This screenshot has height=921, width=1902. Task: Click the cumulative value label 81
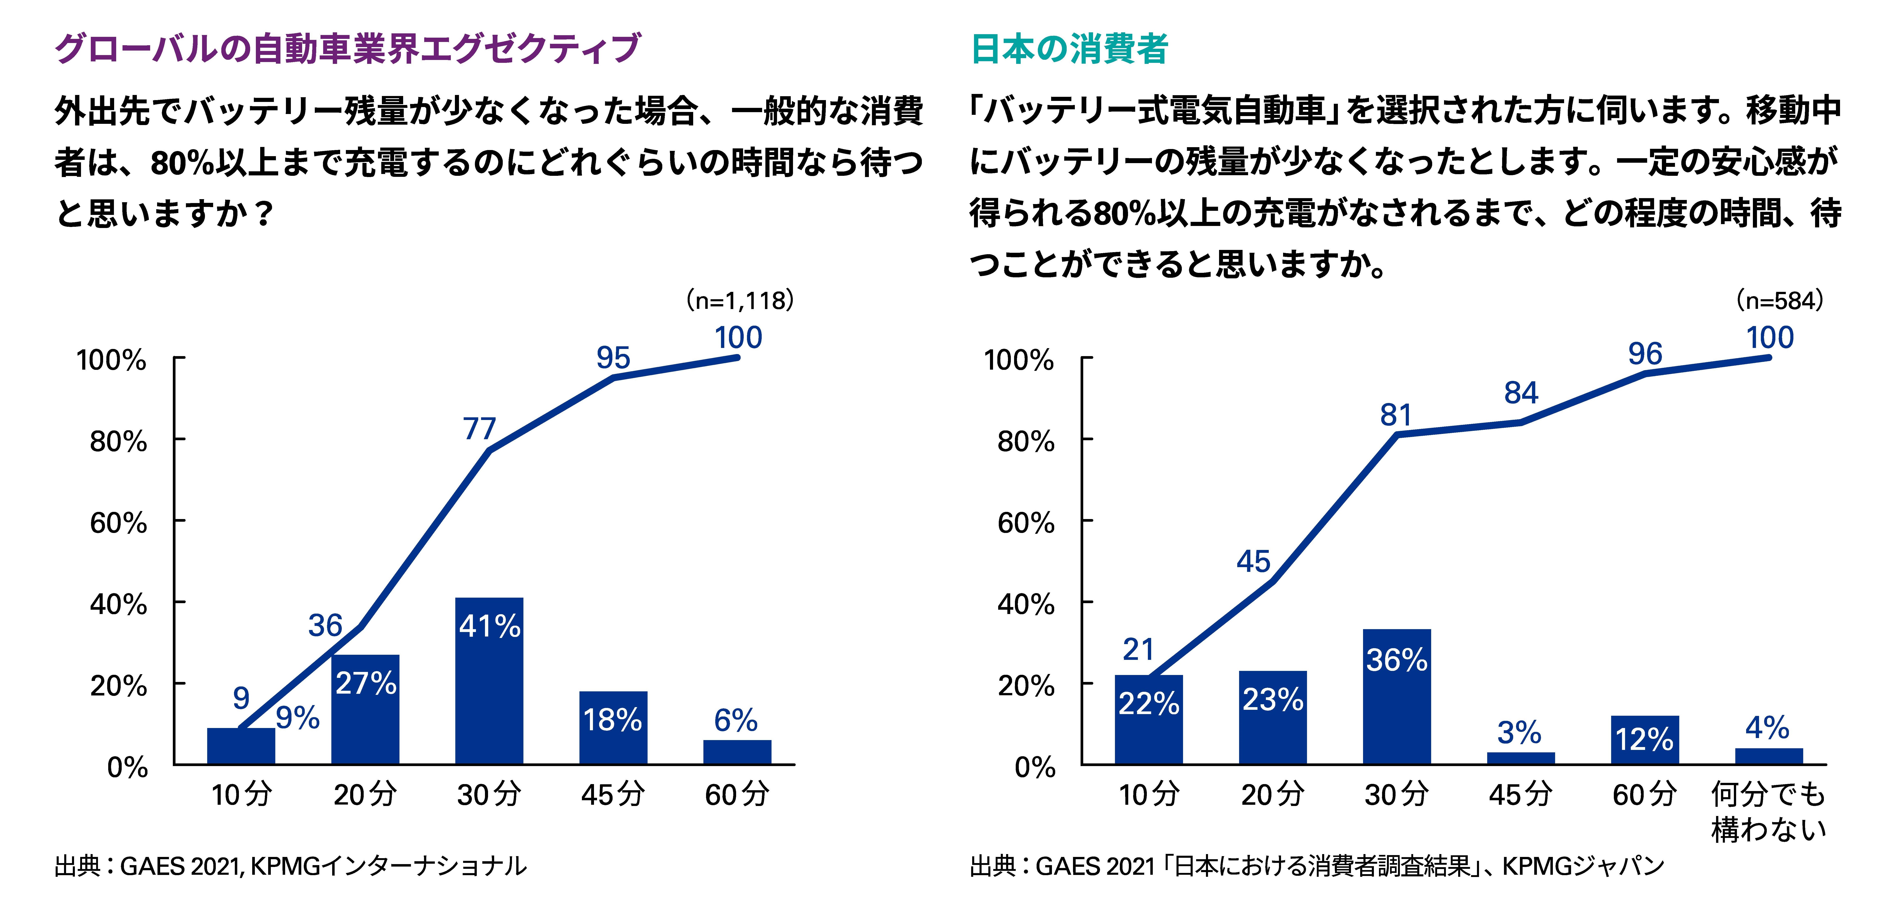coord(1396,415)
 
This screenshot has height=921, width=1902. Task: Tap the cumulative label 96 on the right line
coord(1645,354)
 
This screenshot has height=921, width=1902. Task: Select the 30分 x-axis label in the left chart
coord(489,795)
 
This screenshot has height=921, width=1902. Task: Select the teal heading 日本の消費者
coord(1069,49)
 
